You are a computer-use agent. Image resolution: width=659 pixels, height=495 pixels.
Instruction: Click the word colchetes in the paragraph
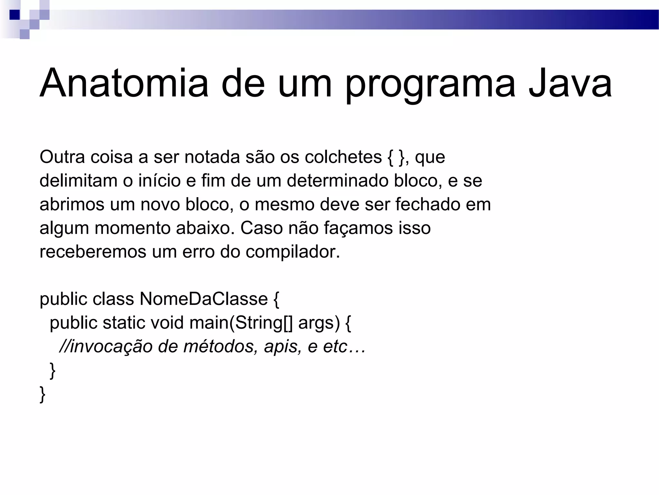pos(343,157)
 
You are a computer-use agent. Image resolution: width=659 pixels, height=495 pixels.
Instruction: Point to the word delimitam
pos(78,180)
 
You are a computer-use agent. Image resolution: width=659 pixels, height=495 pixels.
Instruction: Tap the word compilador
pos(293,252)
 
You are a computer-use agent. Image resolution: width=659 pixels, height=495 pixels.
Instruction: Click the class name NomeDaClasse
pos(204,299)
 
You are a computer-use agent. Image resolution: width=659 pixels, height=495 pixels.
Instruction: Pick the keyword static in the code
pos(124,323)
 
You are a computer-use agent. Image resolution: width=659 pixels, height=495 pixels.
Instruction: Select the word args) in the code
pos(319,323)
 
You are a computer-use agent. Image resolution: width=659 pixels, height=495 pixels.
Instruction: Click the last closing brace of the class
pos(42,394)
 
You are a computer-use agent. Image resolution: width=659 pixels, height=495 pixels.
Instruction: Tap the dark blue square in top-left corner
pos(14,15)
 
